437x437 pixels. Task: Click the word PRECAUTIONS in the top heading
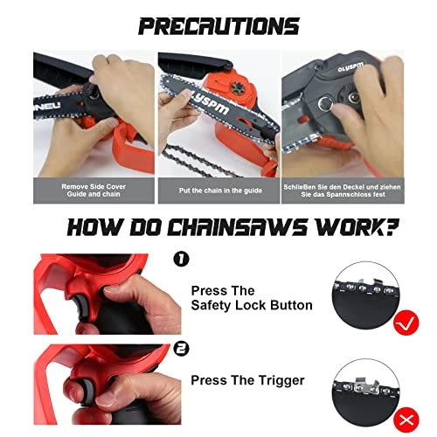pos(218,26)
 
